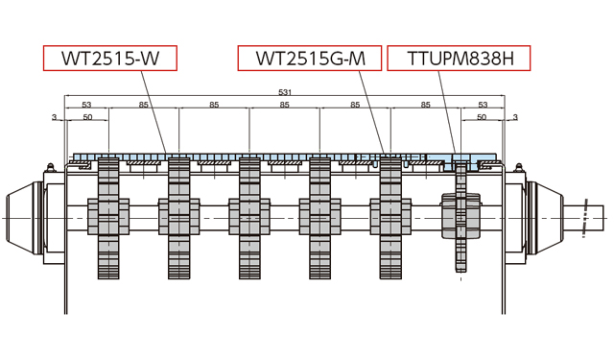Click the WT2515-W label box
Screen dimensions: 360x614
110,59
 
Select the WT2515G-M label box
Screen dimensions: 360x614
310,59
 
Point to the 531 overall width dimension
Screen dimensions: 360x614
284,92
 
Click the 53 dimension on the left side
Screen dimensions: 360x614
86,105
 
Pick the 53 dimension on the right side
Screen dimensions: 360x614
483,105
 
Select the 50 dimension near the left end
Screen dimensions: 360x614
87,117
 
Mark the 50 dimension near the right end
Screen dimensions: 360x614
482,117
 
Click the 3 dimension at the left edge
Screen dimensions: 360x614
55,117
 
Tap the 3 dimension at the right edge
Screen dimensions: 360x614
515,117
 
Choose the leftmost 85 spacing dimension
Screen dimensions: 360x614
144,105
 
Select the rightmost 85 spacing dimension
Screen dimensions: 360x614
426,105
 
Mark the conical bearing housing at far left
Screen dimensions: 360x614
21,217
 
